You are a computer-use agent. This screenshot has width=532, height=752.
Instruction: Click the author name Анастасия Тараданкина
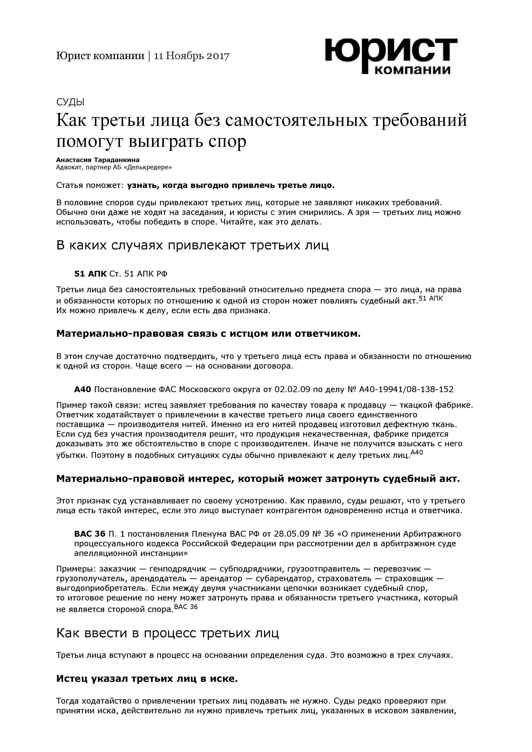click(x=98, y=160)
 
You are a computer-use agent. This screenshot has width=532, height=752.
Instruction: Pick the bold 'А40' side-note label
click(x=83, y=389)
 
